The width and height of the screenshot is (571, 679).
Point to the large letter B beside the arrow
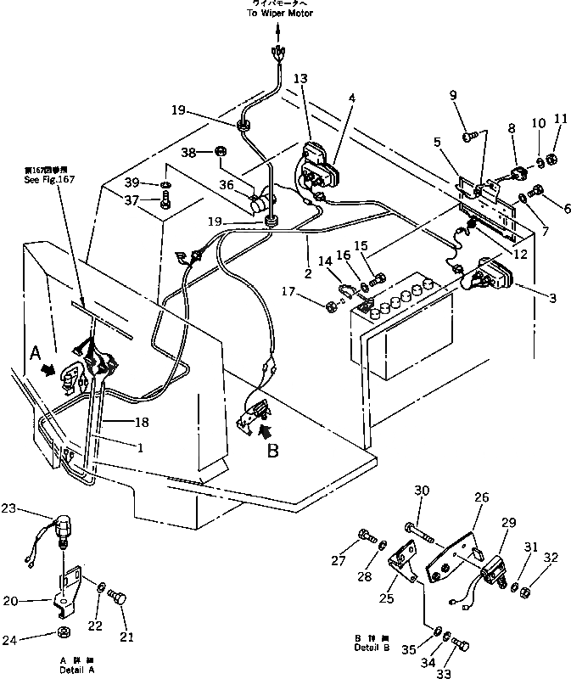[272, 452]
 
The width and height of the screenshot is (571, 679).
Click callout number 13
[301, 78]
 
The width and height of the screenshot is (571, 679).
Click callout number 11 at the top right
[560, 119]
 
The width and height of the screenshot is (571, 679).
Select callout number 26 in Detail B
[481, 500]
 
